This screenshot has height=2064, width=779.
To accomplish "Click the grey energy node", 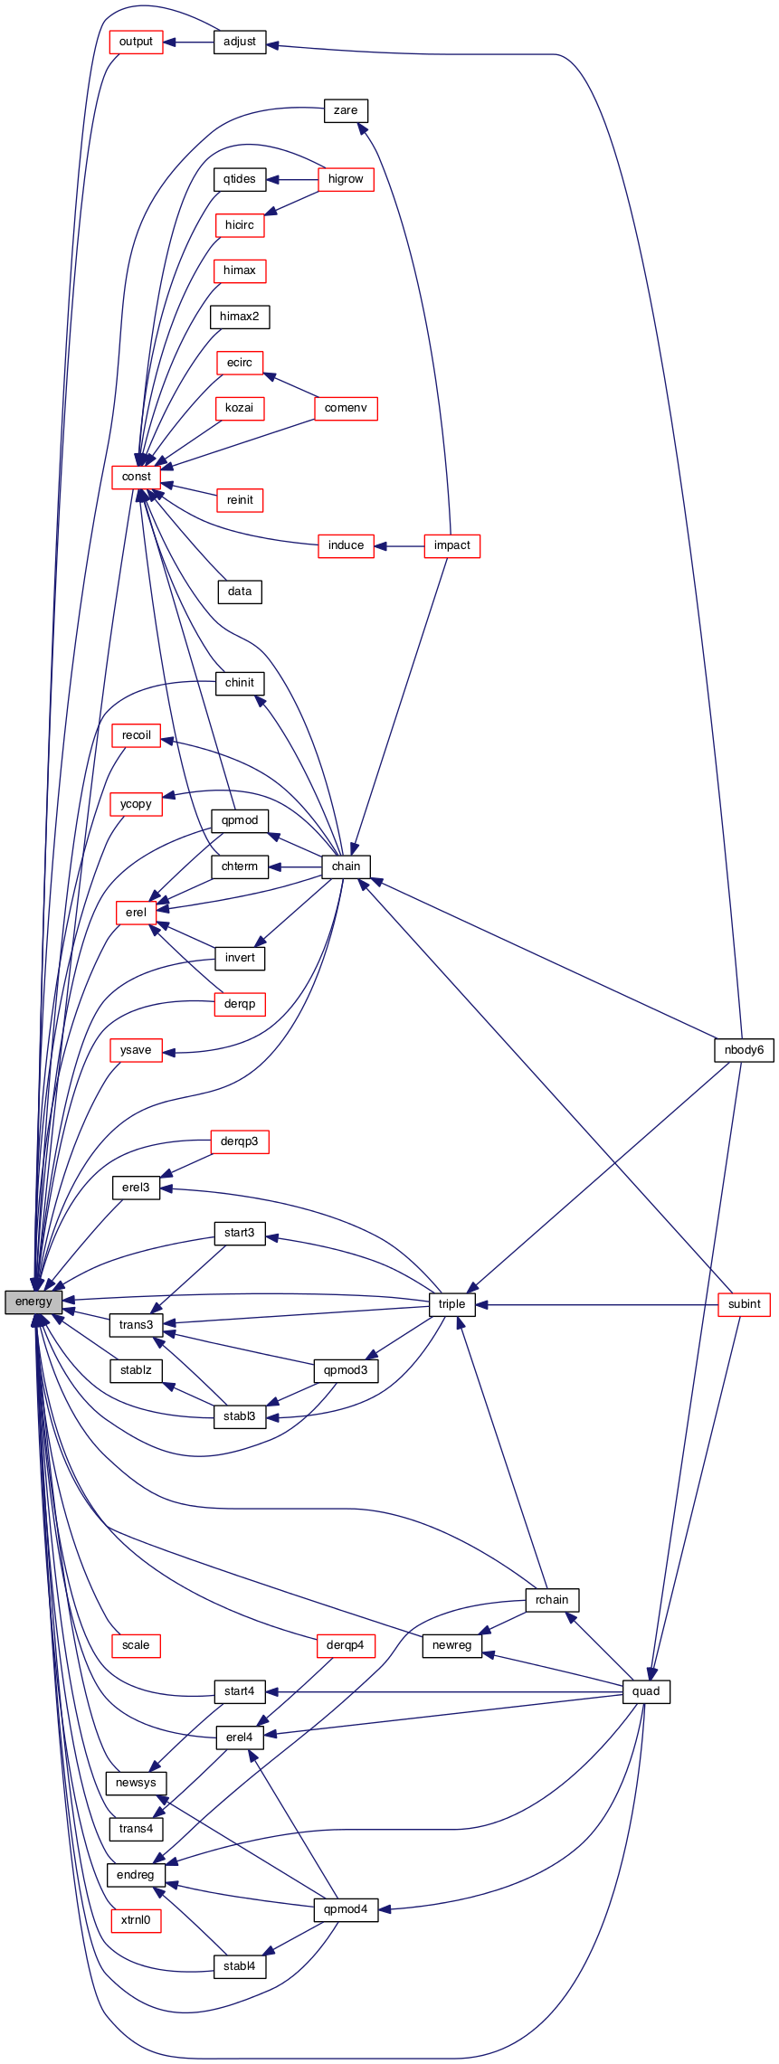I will (33, 1302).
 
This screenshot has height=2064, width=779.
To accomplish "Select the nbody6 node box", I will (744, 1050).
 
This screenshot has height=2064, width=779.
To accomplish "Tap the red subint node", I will (744, 1304).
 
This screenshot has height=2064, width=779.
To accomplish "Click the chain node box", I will (346, 866).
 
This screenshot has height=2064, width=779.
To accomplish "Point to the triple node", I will (451, 1303).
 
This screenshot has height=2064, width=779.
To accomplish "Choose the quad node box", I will (646, 1691).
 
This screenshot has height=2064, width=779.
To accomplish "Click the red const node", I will (137, 477).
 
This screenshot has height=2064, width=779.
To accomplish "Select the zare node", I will (346, 110).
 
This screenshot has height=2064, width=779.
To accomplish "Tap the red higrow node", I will (346, 179).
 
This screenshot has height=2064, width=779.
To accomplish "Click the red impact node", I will (451, 545).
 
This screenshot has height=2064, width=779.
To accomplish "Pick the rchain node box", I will (552, 1599).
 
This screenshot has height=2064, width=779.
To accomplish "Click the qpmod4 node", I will (346, 1909).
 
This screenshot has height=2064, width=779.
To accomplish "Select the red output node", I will (136, 42).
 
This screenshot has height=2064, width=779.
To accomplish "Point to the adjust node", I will (240, 42).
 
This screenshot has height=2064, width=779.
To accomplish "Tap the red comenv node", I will (346, 408).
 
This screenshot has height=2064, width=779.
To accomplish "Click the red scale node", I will (136, 1645).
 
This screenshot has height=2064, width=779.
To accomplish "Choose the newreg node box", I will (451, 1645).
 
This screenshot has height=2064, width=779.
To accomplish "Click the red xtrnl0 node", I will (136, 1919).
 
